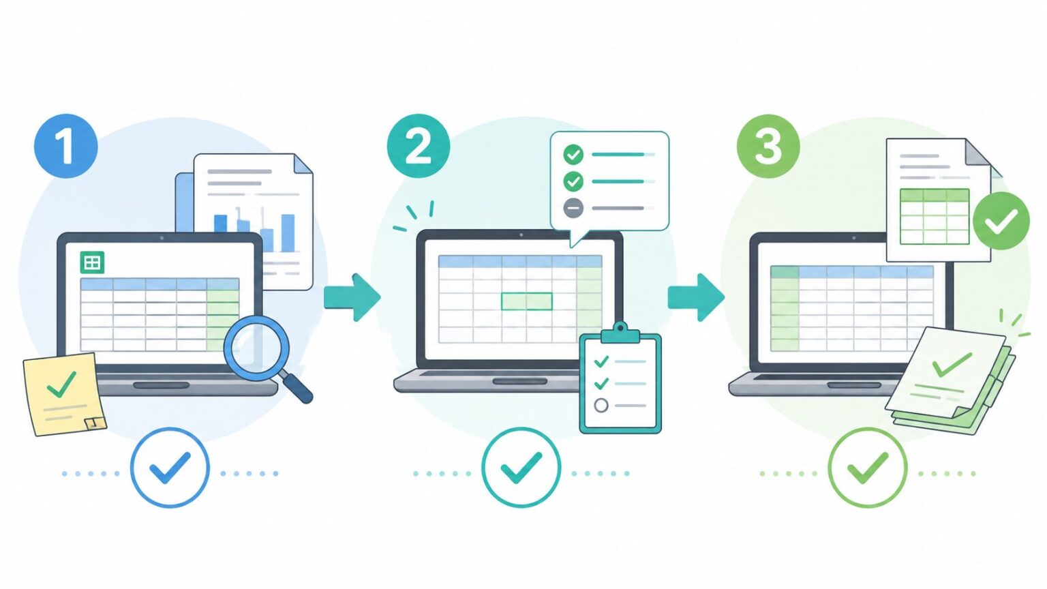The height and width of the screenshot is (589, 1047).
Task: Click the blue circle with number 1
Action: (x=66, y=146)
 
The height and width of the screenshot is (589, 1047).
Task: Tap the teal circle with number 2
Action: (x=419, y=146)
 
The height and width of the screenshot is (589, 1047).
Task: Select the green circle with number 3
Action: (x=768, y=146)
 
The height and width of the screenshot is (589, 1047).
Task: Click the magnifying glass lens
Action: (x=256, y=348)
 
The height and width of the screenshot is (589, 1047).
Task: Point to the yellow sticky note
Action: (x=64, y=395)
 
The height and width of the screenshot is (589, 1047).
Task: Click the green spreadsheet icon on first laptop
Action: (x=92, y=262)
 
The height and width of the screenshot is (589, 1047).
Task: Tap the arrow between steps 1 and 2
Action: (x=352, y=297)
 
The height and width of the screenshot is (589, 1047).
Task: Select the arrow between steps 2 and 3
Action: (x=696, y=297)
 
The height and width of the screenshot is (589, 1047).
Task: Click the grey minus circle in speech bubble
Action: (x=573, y=208)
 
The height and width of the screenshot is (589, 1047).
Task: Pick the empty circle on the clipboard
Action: (x=601, y=406)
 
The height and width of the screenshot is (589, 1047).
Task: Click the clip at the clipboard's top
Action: (x=620, y=333)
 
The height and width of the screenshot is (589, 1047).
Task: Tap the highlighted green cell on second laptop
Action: (x=527, y=301)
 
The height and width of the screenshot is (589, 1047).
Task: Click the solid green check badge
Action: (x=1001, y=221)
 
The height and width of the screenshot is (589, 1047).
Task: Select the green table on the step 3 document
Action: (x=935, y=216)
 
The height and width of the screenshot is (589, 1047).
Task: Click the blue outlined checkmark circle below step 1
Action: (x=170, y=468)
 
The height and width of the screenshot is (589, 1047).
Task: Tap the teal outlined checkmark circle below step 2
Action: (x=521, y=468)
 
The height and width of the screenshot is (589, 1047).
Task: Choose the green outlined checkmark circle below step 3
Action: (x=868, y=468)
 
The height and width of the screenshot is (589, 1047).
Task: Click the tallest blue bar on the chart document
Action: (x=288, y=233)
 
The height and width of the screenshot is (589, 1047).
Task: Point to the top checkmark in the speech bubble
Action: (x=573, y=154)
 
